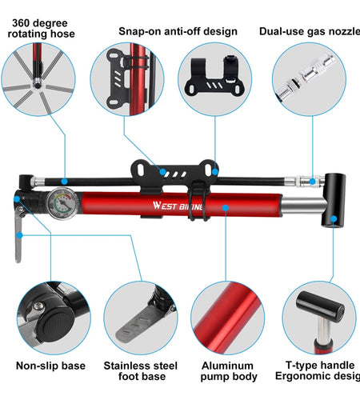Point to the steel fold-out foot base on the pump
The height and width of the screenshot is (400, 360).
[18, 241]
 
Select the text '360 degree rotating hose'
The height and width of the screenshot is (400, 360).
[42, 27]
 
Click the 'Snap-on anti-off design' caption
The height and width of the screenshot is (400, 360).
[178, 31]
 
